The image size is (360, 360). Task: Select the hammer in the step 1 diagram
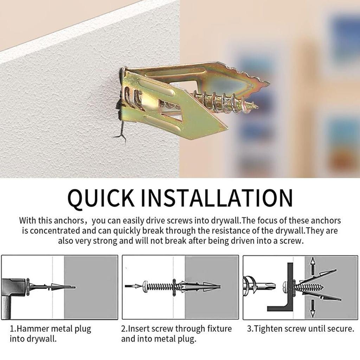coord(12,288)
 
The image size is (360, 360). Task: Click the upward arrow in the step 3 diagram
coord(312,266)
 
